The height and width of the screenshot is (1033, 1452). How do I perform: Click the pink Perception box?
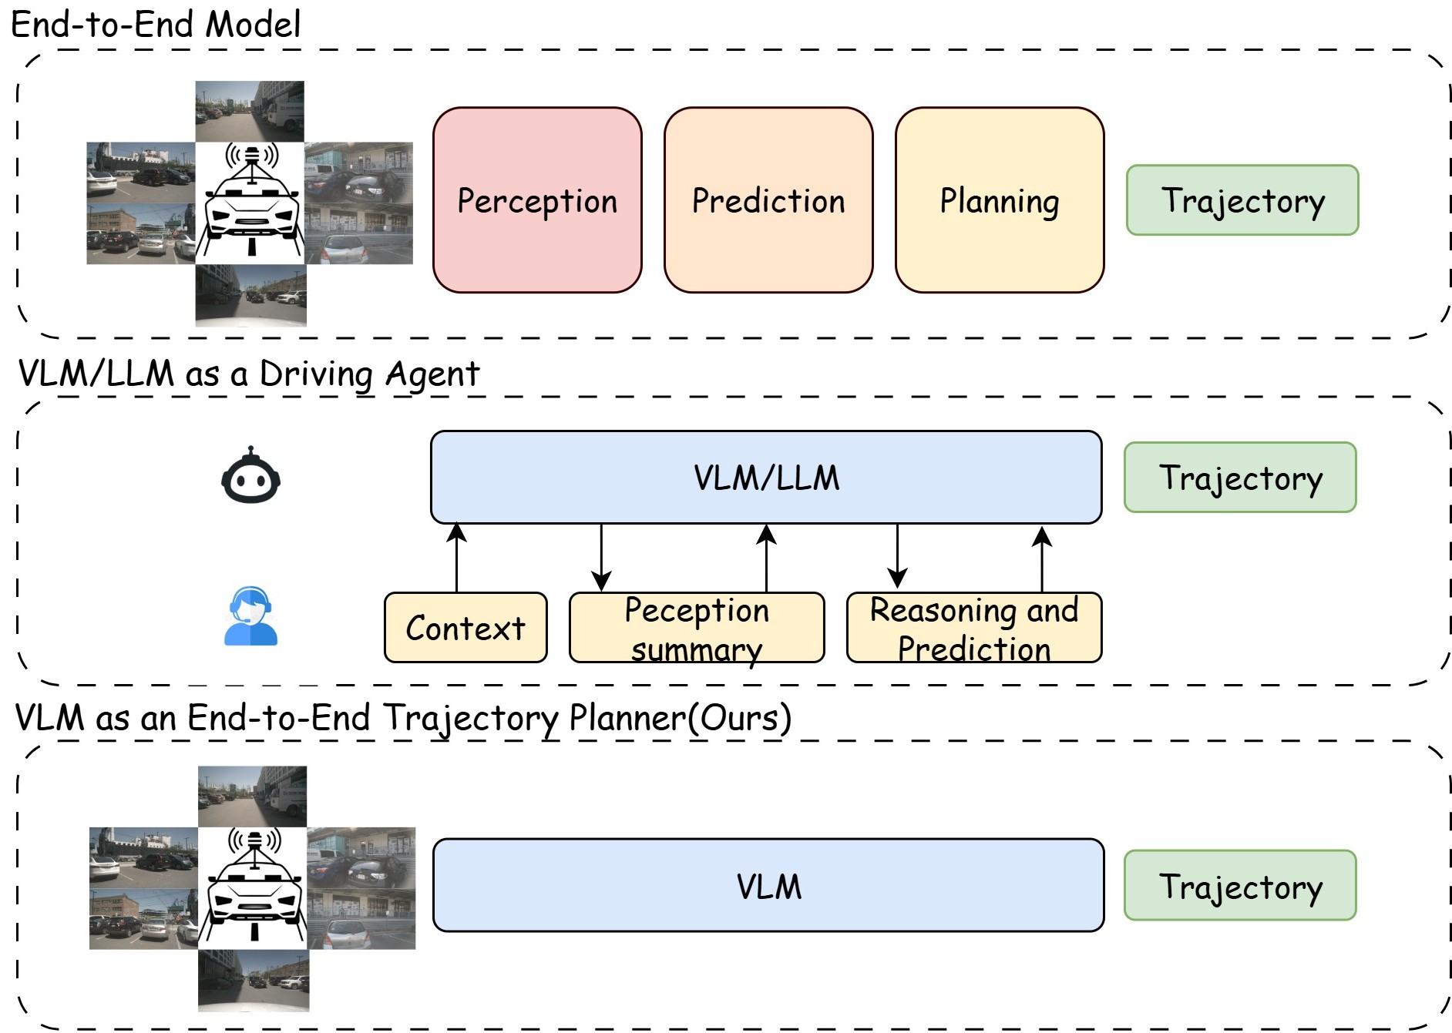pos(537,200)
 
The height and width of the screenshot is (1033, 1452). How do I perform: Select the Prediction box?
pos(768,200)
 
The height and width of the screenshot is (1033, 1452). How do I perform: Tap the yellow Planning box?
pos(999,200)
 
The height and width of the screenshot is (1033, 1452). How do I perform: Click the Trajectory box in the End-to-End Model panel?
pos(1242,200)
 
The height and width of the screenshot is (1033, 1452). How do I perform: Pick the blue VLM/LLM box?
pos(766,478)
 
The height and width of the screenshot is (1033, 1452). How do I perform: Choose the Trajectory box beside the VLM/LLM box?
pos(1239,478)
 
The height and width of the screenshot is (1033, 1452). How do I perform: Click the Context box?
pos(466,627)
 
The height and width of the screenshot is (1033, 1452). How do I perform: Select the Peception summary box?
pos(696,627)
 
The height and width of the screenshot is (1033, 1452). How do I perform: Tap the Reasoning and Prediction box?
pos(973,627)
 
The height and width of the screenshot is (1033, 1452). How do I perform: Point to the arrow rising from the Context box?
pos(457,558)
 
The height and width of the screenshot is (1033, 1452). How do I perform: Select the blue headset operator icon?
pos(250,616)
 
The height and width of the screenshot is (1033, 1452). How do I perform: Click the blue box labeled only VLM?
pos(768,885)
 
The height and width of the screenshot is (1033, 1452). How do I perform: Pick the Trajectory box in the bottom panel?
pos(1239,885)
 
